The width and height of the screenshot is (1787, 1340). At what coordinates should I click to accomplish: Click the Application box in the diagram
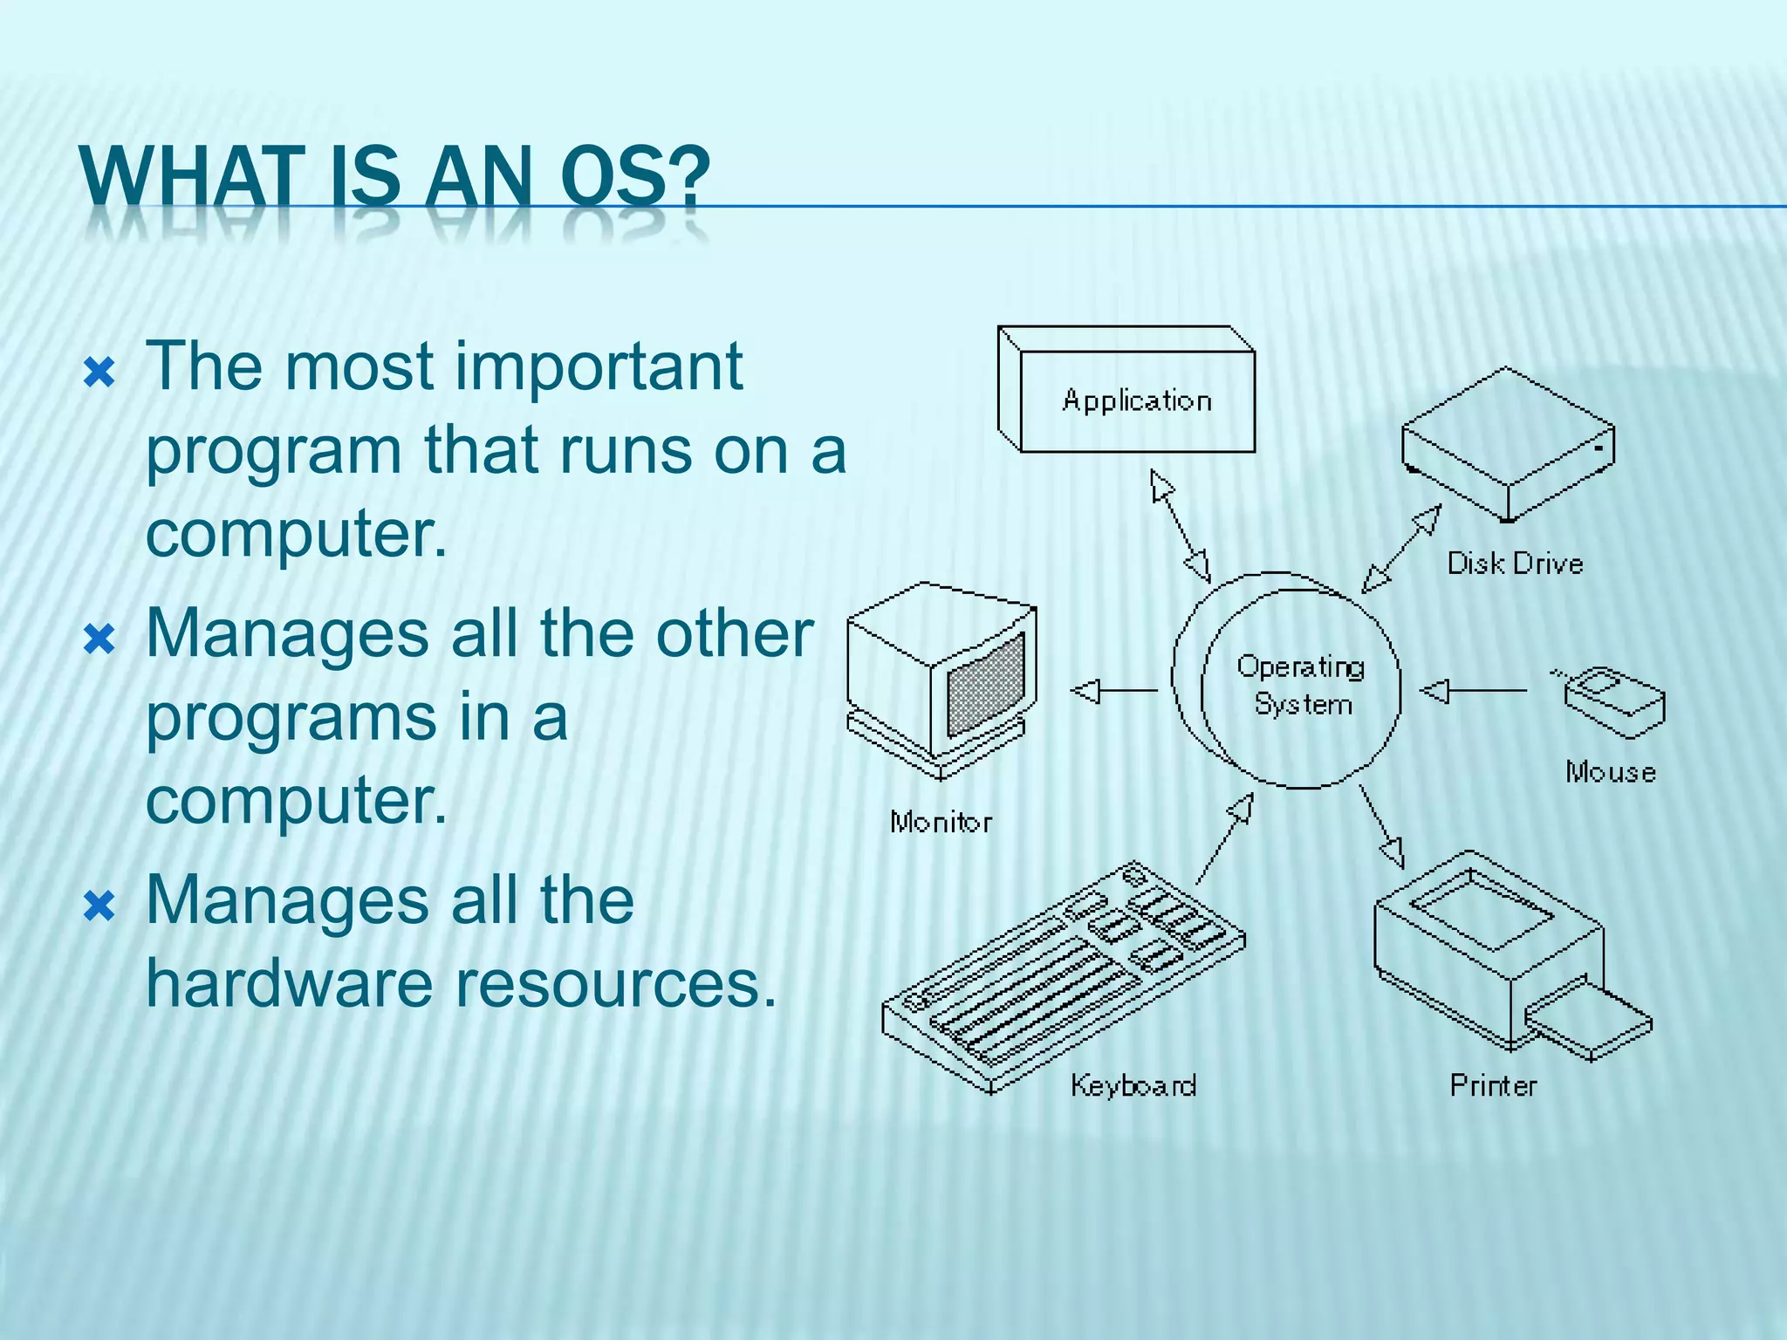pyautogui.click(x=1136, y=400)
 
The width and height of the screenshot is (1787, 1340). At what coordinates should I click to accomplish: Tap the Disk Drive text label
pyautogui.click(x=1515, y=564)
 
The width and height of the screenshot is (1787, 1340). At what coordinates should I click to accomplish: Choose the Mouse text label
pyautogui.click(x=1610, y=772)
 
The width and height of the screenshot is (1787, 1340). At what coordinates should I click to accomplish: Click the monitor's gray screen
pyautogui.click(x=985, y=686)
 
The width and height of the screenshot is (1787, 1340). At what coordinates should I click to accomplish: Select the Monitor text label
pyautogui.click(x=941, y=822)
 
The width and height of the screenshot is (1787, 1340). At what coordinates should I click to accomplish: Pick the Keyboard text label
pyautogui.click(x=1133, y=1086)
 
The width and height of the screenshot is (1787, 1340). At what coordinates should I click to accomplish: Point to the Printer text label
pyautogui.click(x=1493, y=1086)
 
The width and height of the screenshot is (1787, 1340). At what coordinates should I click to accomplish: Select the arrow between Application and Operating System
pyautogui.click(x=1180, y=526)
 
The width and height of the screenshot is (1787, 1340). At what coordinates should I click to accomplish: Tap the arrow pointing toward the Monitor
pyautogui.click(x=1113, y=691)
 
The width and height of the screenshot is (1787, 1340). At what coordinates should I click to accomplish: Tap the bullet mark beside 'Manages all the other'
pyautogui.click(x=99, y=639)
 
